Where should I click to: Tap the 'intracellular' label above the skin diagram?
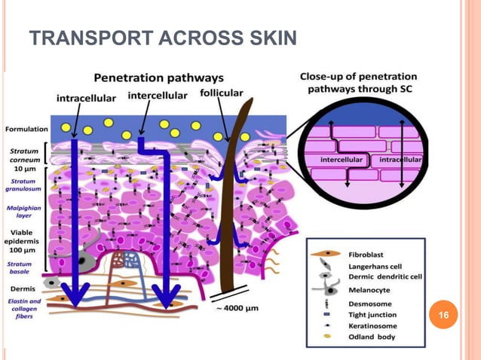(x=86, y=97)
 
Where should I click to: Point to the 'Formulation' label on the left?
(x=25, y=130)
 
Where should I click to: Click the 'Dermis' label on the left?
(x=20, y=288)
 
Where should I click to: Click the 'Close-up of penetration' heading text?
(x=358, y=78)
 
